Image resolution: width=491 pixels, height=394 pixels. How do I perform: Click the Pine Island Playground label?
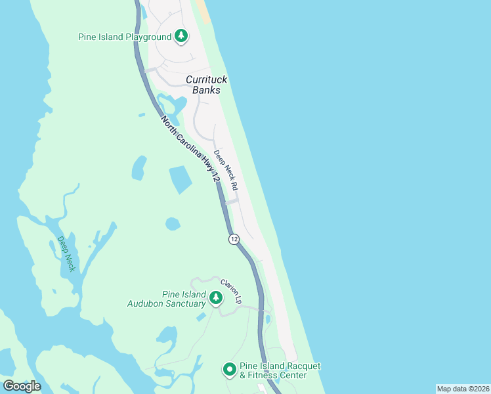(x=125, y=37)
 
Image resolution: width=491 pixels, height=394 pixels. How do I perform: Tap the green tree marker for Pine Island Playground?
(x=181, y=37)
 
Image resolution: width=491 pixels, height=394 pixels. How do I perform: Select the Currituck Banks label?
(x=206, y=85)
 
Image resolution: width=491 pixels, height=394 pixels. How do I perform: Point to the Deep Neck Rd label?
(x=226, y=169)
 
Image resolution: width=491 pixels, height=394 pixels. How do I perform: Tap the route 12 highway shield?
(x=234, y=239)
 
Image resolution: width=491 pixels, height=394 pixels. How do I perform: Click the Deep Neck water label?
(x=66, y=253)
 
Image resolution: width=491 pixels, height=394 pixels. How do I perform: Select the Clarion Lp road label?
(x=232, y=292)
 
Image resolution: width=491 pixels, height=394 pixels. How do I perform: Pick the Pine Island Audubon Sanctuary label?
(x=167, y=299)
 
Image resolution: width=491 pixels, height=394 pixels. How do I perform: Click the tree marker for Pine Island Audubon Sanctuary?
(x=215, y=299)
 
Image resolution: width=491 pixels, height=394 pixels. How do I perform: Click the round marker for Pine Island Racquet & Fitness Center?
(x=229, y=370)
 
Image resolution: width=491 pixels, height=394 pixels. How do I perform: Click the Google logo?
(x=22, y=386)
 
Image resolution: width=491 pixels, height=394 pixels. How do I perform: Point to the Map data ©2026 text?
(x=462, y=389)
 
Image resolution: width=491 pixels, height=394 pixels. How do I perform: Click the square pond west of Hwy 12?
(x=181, y=179)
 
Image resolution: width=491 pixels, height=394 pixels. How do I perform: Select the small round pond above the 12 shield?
(x=173, y=224)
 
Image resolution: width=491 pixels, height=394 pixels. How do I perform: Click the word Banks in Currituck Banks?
(x=206, y=90)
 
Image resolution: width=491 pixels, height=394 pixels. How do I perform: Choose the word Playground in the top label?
(x=149, y=37)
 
